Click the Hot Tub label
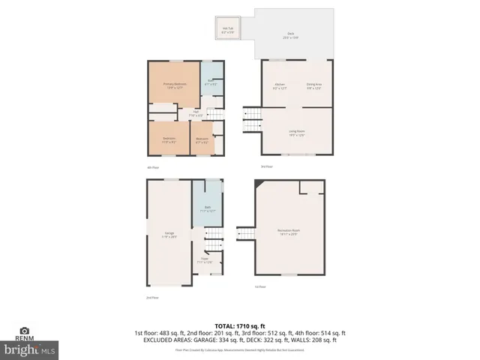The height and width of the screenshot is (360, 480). point(227,31)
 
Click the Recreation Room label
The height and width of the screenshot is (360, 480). point(289,233)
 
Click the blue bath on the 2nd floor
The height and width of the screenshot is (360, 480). point(207,210)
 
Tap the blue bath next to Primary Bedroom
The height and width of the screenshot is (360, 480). point(211,83)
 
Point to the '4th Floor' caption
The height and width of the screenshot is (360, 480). point(153,166)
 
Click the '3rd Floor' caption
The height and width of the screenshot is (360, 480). point(266,166)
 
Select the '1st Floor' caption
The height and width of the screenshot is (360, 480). point(260,286)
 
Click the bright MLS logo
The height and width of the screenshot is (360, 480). point(30,349)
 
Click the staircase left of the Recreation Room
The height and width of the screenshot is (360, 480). point(245,235)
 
